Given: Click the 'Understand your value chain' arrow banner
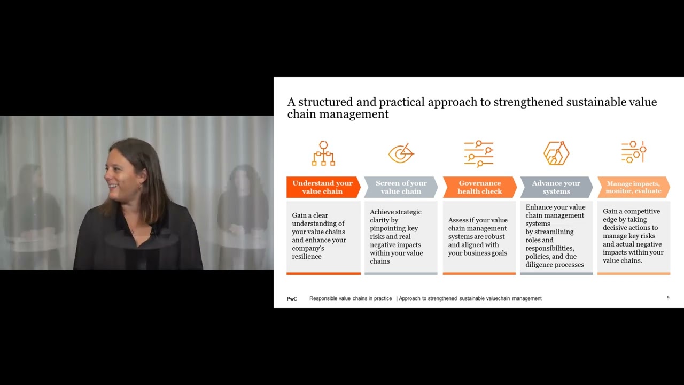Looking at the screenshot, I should click(x=323, y=187).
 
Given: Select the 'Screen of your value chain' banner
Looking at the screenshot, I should click(x=401, y=187).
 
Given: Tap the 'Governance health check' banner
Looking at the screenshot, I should click(x=479, y=187).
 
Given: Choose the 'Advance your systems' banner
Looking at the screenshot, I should click(x=556, y=187).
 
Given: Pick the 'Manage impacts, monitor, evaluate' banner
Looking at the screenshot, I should click(x=633, y=187).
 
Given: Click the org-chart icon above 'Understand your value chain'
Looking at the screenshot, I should click(x=323, y=153).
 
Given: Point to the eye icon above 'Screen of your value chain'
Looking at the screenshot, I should click(x=401, y=153).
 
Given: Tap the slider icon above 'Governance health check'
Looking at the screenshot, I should click(x=478, y=153).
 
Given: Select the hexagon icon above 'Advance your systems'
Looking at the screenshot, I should click(x=556, y=153).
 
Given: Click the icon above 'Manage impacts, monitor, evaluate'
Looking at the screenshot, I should click(x=634, y=152).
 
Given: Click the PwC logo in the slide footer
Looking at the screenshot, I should click(x=292, y=298).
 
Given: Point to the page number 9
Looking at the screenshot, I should click(x=668, y=298).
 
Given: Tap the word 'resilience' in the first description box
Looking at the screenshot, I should click(x=307, y=257).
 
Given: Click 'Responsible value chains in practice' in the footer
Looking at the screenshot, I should click(x=351, y=298).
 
